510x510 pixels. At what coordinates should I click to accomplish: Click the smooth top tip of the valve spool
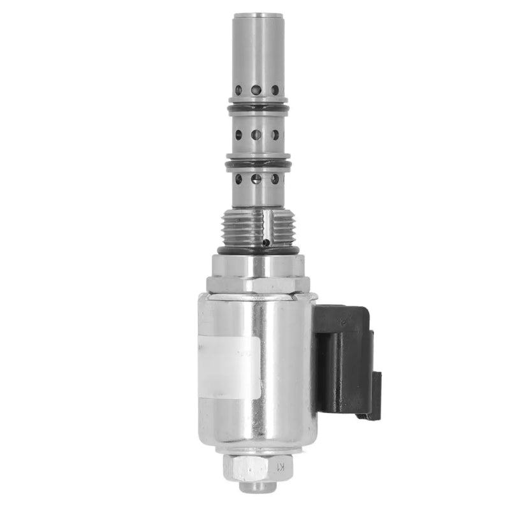(258, 38)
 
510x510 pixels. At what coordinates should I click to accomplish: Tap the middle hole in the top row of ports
(256, 91)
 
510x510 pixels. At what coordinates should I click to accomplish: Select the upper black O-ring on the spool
(258, 108)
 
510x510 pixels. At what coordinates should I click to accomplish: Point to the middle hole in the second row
(256, 135)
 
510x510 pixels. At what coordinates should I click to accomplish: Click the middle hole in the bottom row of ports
(256, 179)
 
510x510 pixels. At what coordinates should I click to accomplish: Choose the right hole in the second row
(275, 135)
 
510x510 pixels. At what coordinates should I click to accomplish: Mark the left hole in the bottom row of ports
(238, 179)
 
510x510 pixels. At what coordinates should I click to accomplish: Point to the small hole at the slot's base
(266, 242)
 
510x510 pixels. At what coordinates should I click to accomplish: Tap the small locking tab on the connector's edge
(376, 395)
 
